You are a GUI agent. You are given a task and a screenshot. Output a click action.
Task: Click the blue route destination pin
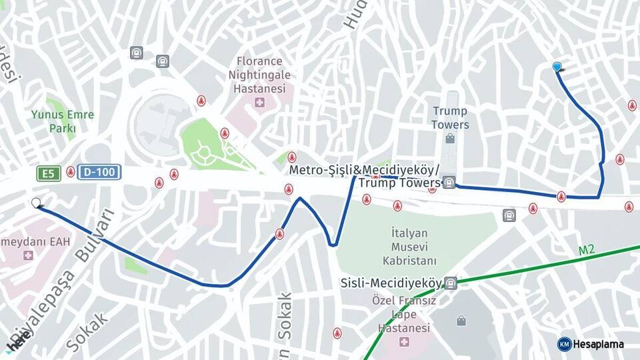click(557, 66)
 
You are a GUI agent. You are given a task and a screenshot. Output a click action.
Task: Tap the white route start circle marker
click(36, 203)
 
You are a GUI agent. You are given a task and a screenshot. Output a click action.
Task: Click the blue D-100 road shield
click(99, 173)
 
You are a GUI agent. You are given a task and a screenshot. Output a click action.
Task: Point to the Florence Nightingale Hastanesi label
click(259, 74)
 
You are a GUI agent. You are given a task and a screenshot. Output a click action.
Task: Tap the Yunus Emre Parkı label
click(62, 121)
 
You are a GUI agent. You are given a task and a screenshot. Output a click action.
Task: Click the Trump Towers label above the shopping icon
click(449, 117)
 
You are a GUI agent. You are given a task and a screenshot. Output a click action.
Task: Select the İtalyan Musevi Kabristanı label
click(400, 247)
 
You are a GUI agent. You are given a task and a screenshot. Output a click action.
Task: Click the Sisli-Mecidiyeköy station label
click(391, 283)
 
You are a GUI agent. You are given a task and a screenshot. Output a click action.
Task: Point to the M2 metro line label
click(586, 250)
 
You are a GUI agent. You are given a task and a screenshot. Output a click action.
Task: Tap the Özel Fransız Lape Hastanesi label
click(404, 314)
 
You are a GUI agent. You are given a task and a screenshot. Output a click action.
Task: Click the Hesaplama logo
click(591, 344)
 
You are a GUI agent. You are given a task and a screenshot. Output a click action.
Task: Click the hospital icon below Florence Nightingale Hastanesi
click(259, 103)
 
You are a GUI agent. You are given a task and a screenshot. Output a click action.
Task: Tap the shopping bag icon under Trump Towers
click(450, 139)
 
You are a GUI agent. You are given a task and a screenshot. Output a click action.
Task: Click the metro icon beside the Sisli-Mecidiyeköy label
click(451, 283)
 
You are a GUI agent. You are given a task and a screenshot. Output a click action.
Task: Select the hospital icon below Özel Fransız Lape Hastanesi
click(404, 342)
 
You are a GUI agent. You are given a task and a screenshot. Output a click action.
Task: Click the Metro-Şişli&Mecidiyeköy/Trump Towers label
click(365, 176)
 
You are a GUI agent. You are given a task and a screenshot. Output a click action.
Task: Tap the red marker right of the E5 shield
click(70, 172)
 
